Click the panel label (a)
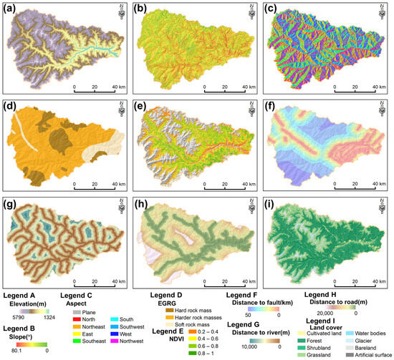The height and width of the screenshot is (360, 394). coord(10,8)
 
